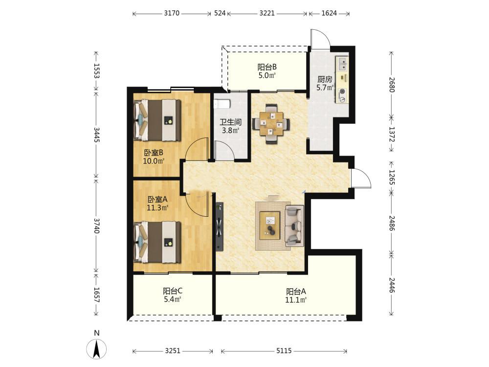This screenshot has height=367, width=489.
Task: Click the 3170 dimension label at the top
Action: (172, 13)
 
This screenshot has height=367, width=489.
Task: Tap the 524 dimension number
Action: (220, 13)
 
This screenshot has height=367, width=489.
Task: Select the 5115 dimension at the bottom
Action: (284, 351)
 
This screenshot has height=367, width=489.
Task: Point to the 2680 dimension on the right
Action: (392, 85)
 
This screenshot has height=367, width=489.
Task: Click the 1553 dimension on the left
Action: (96, 71)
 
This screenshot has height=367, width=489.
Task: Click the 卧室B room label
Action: (154, 153)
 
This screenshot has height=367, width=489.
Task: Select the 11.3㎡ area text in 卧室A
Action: (158, 207)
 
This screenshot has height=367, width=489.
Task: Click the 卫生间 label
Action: (230, 122)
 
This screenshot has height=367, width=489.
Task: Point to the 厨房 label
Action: (325, 80)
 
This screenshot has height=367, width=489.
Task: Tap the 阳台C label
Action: (173, 291)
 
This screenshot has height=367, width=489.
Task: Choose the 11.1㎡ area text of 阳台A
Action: (296, 300)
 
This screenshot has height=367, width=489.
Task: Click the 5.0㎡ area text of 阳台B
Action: (267, 75)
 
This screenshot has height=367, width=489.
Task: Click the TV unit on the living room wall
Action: (220, 227)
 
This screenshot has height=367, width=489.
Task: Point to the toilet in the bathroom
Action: (222, 104)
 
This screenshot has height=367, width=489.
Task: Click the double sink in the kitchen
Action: (342, 64)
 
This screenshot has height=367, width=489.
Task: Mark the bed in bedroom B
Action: (157, 120)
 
